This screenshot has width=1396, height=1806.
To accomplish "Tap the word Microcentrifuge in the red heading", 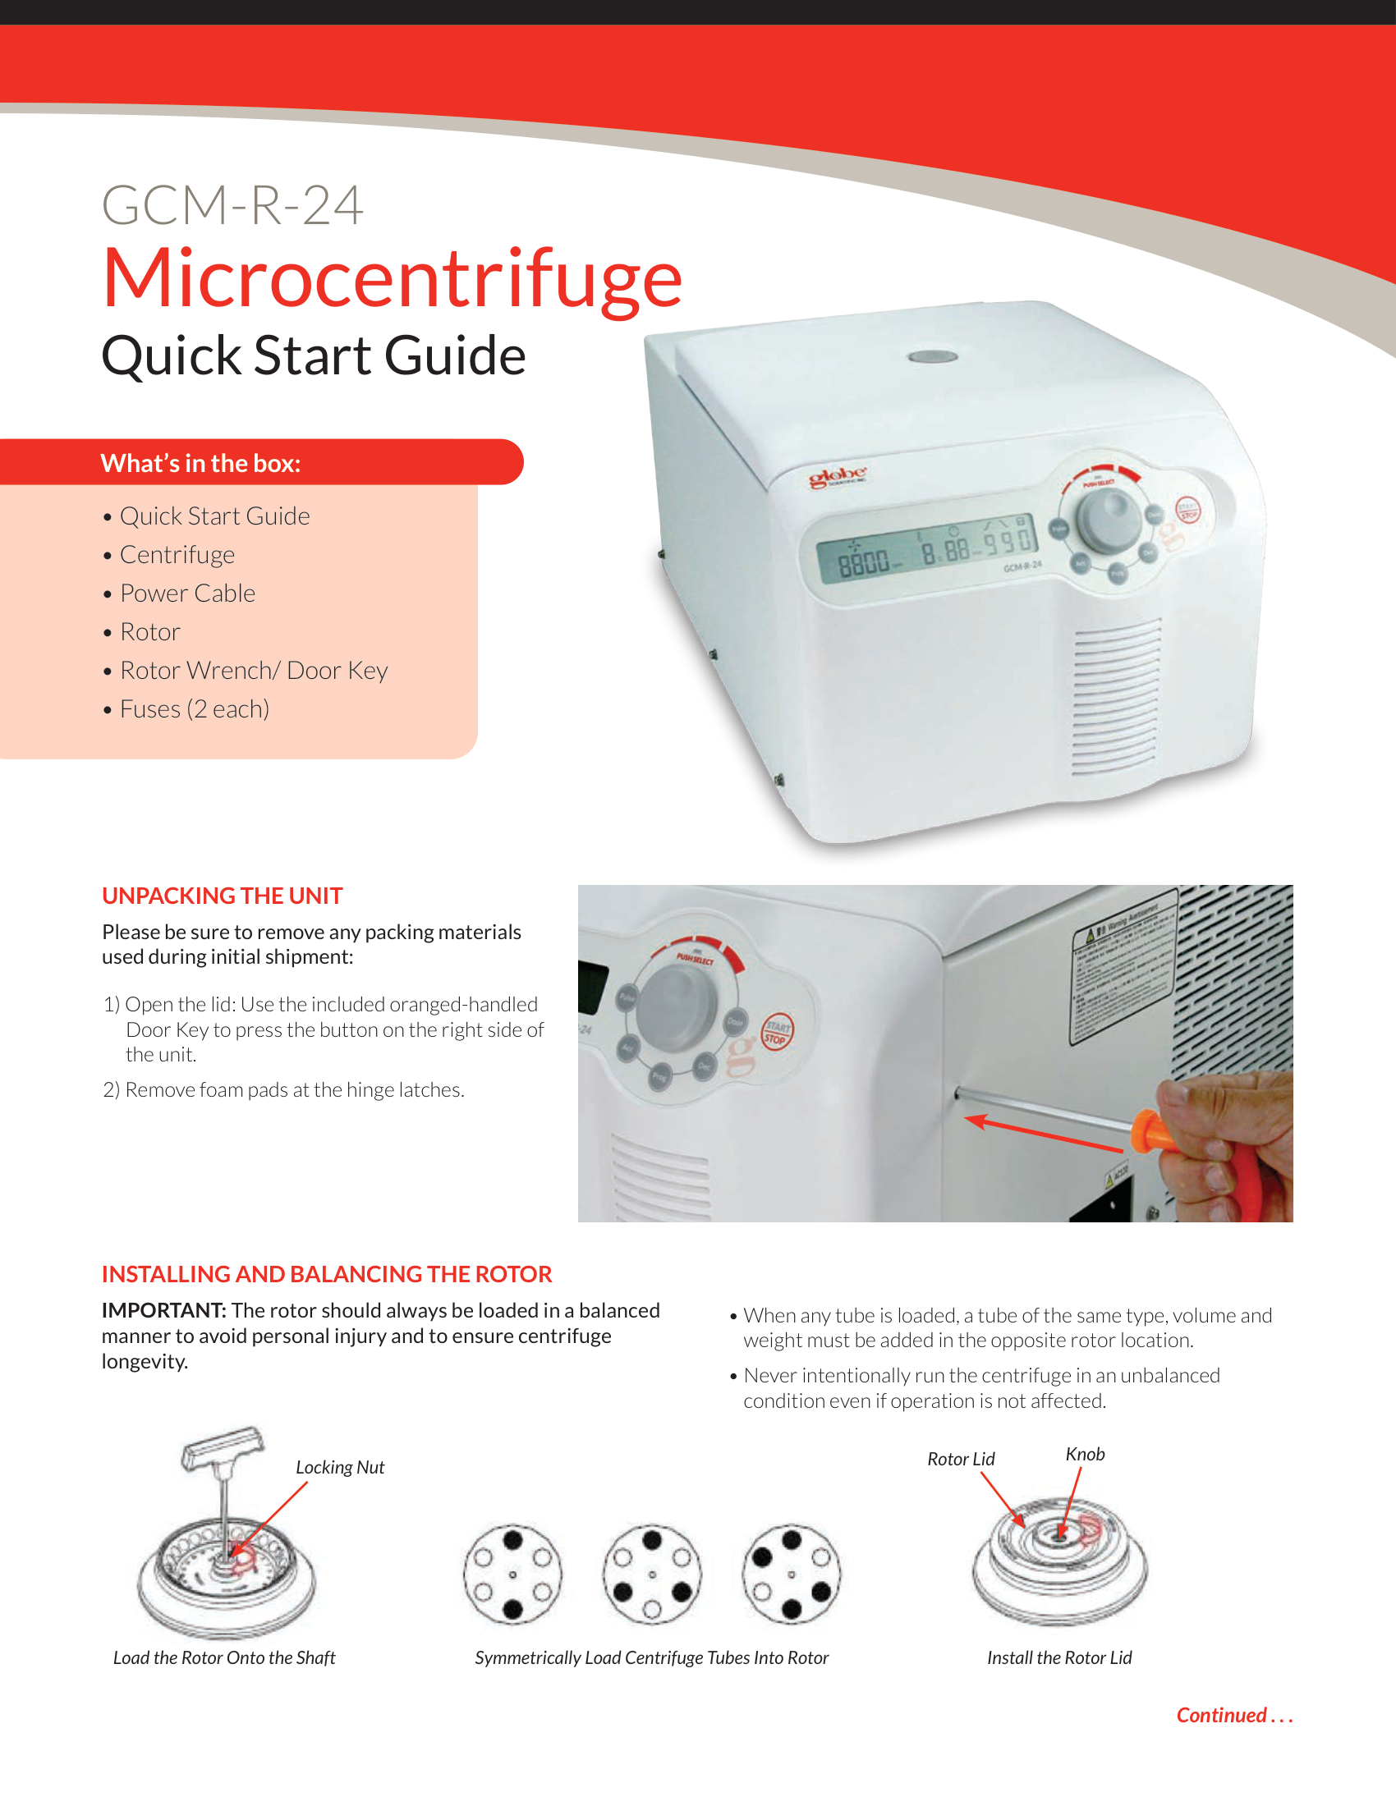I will pyautogui.click(x=391, y=279).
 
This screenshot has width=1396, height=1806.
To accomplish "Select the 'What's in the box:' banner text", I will pyautogui.click(x=200, y=463).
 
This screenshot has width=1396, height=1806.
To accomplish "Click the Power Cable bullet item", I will pyautogui.click(x=187, y=593).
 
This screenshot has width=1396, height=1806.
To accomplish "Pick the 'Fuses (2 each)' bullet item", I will pyautogui.click(x=195, y=708).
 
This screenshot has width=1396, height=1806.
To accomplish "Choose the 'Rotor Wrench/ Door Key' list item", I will pyautogui.click(x=253, y=670).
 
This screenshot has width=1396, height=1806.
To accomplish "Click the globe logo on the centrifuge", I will pyautogui.click(x=837, y=476).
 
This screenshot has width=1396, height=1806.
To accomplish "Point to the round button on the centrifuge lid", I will pyautogui.click(x=932, y=356).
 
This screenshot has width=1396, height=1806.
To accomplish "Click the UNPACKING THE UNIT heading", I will pyautogui.click(x=222, y=896).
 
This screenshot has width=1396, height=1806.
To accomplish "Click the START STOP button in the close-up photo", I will pyautogui.click(x=776, y=1032).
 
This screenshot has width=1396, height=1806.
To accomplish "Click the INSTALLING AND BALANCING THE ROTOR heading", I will pyautogui.click(x=327, y=1274).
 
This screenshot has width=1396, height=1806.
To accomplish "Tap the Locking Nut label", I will pyautogui.click(x=340, y=1467).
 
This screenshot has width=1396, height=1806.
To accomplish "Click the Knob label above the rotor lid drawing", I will pyautogui.click(x=1084, y=1454).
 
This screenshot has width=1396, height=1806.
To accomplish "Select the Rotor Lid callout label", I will pyautogui.click(x=960, y=1459).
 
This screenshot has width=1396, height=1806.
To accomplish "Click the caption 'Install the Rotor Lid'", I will pyautogui.click(x=1058, y=1657).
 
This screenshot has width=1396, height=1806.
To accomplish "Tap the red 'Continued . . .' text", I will pyautogui.click(x=1234, y=1715).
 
